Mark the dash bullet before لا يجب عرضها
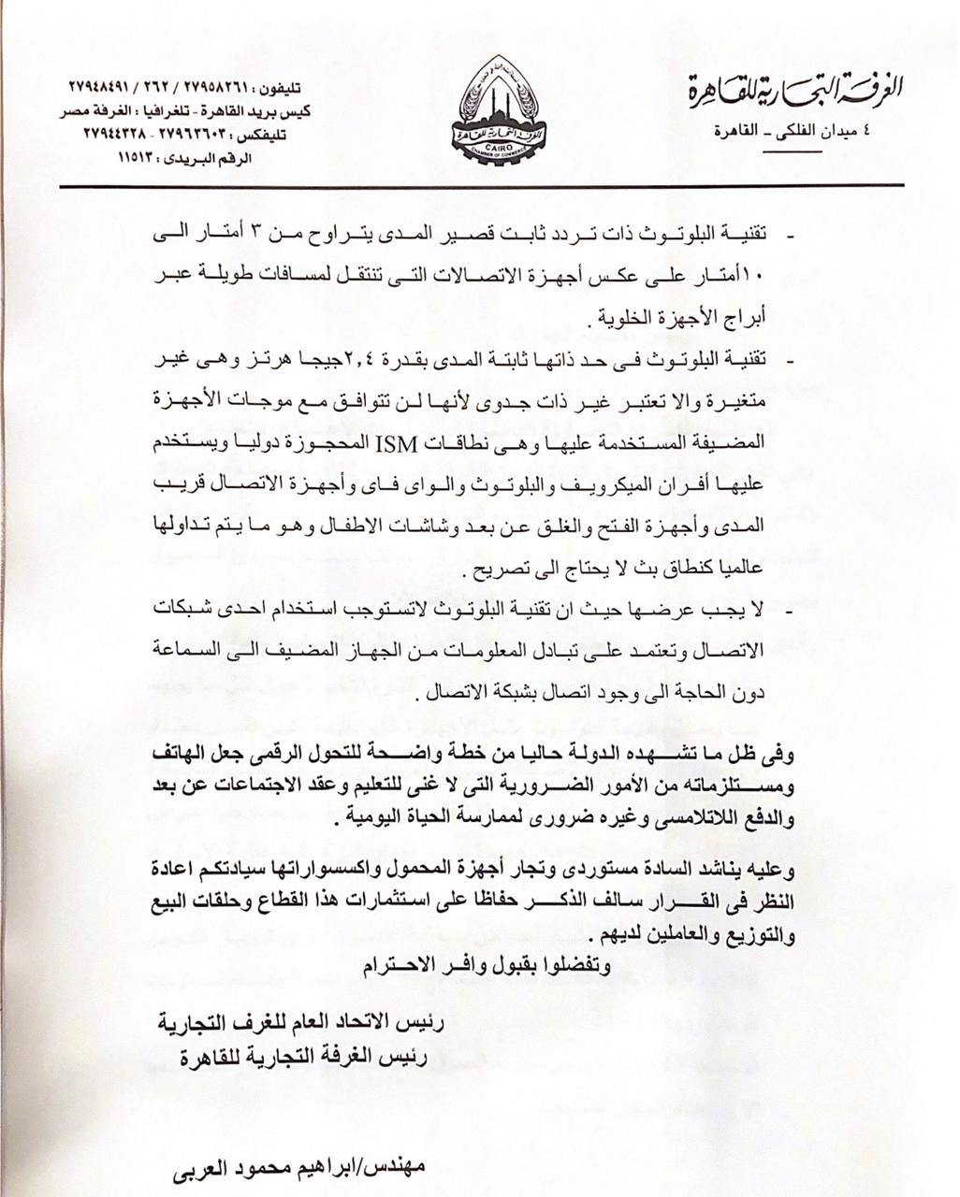[x=791, y=609]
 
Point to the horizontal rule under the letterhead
[x=482, y=185]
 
